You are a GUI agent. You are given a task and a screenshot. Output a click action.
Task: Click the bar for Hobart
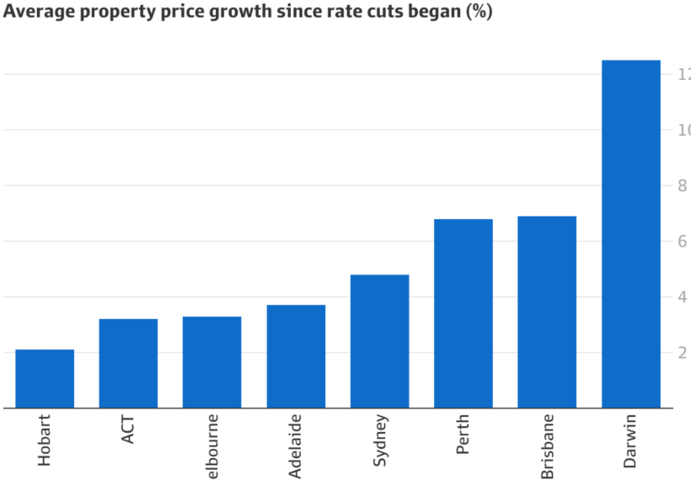[x=45, y=378]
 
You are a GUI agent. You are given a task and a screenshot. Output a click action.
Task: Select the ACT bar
[x=128, y=363]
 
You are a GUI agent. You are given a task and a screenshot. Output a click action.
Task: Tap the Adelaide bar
[x=296, y=356]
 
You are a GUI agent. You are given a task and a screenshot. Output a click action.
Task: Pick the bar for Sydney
[x=379, y=341]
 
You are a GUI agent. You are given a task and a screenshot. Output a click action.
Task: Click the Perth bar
[x=463, y=313]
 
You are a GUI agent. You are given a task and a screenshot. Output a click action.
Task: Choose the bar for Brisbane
[x=547, y=312]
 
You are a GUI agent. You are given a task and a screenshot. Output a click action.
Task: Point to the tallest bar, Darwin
[x=631, y=234]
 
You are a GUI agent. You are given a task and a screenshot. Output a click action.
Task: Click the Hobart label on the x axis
[x=45, y=439]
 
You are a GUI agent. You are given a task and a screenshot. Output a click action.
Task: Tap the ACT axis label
[x=128, y=428]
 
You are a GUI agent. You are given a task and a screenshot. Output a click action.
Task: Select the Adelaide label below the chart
[x=296, y=445]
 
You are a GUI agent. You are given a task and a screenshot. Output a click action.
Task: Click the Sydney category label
[x=379, y=440]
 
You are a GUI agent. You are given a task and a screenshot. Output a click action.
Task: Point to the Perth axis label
[x=463, y=434]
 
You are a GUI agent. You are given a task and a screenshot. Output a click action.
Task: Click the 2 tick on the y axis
[x=683, y=353]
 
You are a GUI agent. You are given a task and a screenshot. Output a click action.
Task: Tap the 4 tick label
[x=683, y=297]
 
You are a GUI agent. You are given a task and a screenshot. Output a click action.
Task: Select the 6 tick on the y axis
[x=683, y=242]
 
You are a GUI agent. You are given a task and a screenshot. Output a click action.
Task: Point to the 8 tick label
[x=683, y=186]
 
